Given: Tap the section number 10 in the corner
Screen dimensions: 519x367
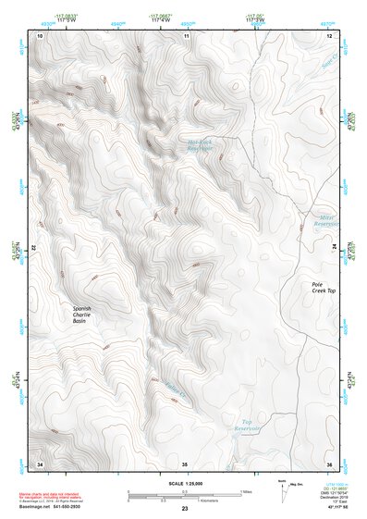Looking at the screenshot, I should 40,35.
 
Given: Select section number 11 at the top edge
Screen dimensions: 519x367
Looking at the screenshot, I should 185,35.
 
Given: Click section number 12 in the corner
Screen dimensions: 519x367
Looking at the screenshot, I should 328,35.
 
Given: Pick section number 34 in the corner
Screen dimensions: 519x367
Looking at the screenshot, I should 40,463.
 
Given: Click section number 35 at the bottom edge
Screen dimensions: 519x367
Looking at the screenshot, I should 185,463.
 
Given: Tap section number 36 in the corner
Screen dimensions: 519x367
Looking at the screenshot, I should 328,463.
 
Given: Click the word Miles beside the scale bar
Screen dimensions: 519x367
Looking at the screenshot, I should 247,491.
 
